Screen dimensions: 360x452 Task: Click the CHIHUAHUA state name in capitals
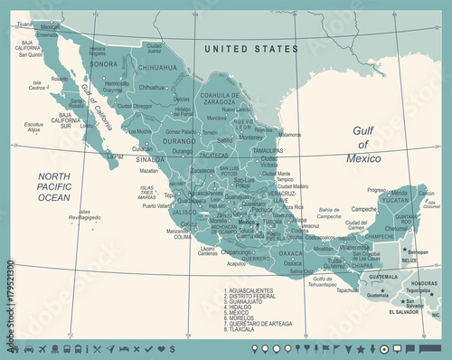click(155, 67)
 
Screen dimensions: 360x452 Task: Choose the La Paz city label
click(115, 156)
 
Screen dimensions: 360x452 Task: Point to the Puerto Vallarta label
click(156, 205)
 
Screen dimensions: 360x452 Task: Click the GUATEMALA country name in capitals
click(382, 276)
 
